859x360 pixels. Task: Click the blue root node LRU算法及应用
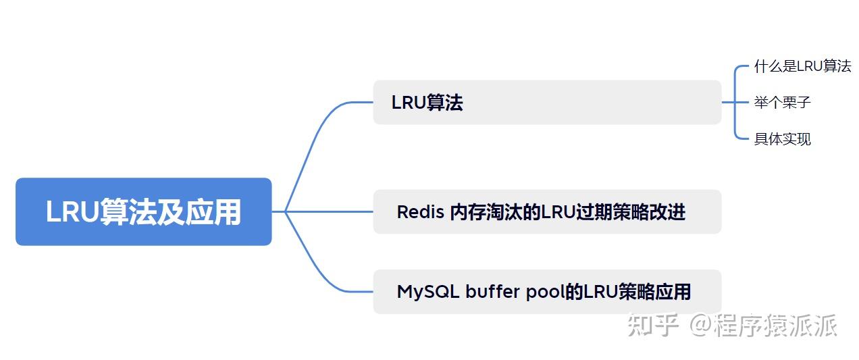click(x=143, y=211)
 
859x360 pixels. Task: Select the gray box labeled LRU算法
click(x=547, y=103)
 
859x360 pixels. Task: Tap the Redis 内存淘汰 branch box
click(x=547, y=211)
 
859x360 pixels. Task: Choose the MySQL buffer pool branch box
click(x=547, y=292)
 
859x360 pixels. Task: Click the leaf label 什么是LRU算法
click(x=802, y=66)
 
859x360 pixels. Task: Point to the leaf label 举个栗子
click(x=782, y=103)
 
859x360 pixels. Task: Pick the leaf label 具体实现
click(x=782, y=139)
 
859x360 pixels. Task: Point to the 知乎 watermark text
click(x=652, y=325)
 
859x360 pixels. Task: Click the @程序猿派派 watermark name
click(x=763, y=325)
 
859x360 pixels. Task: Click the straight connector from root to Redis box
click(x=331, y=211)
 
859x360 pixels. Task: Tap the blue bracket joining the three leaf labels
click(x=735, y=103)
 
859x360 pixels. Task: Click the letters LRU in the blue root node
click(x=72, y=212)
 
